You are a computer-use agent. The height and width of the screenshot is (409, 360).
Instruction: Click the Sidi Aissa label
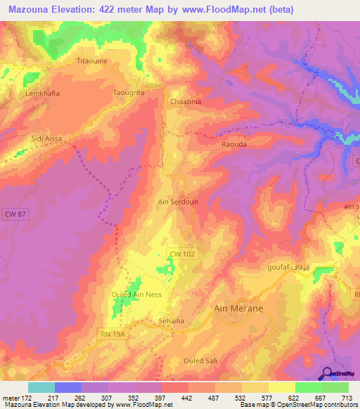tap(46, 138)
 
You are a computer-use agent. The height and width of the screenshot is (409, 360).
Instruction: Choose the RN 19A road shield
tap(113, 336)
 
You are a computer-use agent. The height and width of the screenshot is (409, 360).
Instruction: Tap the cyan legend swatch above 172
tap(41, 387)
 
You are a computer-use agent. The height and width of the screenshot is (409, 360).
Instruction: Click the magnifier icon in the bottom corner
tap(327, 372)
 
